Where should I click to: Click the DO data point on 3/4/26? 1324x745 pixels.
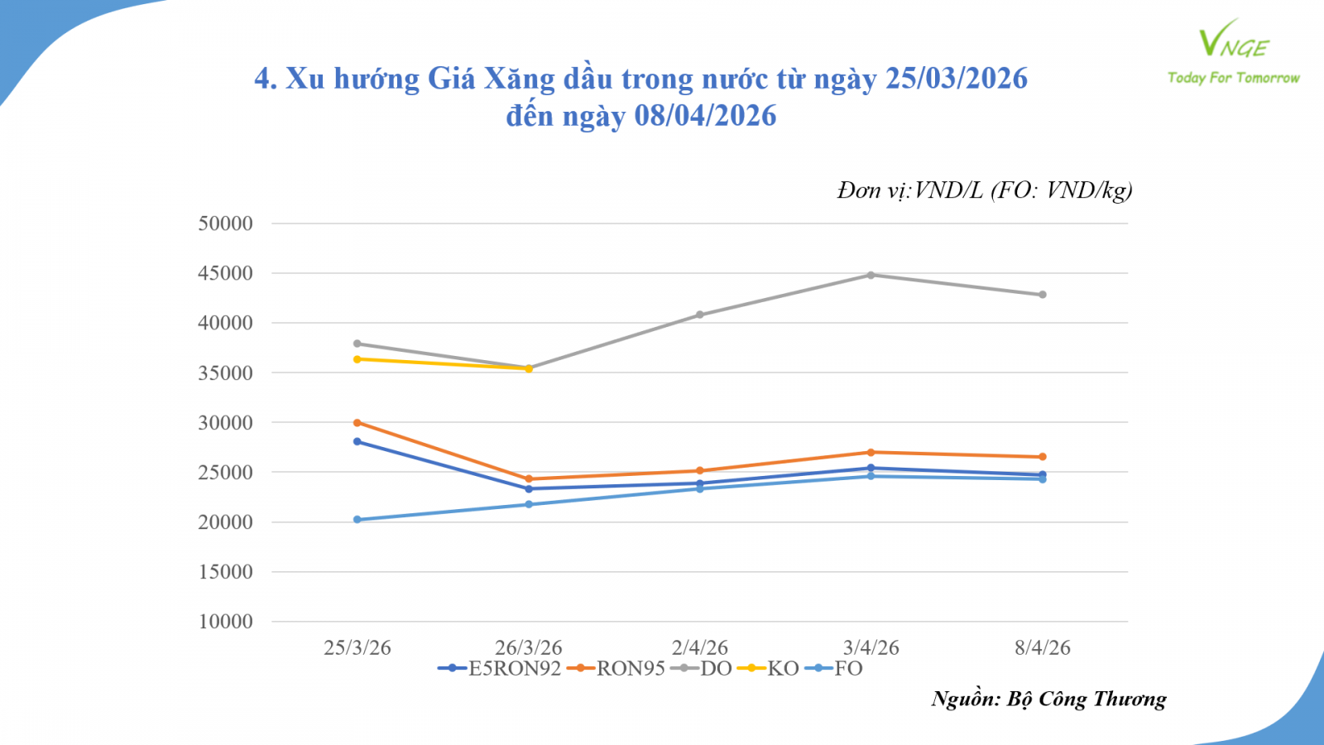point(871,275)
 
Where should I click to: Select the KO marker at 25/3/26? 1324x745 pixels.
point(357,359)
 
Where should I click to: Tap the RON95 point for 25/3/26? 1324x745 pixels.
point(357,423)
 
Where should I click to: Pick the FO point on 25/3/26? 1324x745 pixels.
point(357,520)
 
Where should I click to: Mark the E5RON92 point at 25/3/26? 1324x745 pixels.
point(357,442)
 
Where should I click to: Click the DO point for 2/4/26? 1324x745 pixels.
point(700,315)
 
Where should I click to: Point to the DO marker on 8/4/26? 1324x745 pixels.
point(1043,295)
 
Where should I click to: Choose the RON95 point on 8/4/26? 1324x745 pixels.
point(1043,457)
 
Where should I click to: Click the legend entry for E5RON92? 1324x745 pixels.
point(500,669)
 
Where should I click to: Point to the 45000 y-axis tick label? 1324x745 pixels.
point(225,273)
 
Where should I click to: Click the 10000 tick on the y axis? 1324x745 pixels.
point(225,622)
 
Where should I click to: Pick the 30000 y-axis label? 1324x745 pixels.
point(225,423)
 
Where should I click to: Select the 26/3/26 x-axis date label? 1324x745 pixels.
point(529,648)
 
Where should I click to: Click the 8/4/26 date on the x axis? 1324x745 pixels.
point(1043,648)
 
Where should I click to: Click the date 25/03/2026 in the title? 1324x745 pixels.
point(957,79)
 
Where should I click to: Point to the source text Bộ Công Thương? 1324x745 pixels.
point(1087,699)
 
